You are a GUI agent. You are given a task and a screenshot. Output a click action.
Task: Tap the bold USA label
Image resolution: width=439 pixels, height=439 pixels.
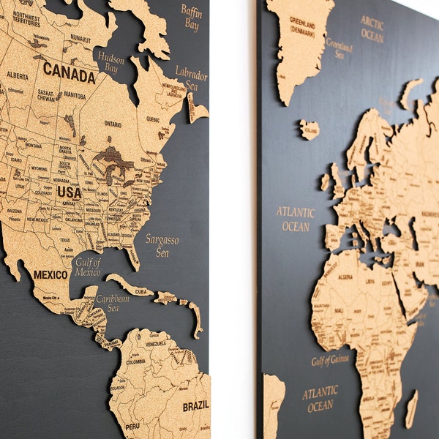tap(69, 192)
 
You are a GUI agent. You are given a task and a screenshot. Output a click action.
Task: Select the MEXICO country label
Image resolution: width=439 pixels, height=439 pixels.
tap(50, 275)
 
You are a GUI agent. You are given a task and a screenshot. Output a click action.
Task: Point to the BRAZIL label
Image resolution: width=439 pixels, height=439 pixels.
tap(195, 405)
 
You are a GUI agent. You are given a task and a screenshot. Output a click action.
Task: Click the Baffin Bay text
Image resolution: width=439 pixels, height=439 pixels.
tap(191, 18)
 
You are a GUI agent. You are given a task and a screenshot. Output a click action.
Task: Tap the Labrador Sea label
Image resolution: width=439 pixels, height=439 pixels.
tap(191, 78)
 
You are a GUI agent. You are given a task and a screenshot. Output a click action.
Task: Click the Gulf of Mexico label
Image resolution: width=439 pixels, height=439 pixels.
tap(88, 267)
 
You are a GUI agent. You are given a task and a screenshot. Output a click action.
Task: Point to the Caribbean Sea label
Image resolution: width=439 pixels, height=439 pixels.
tap(113, 304)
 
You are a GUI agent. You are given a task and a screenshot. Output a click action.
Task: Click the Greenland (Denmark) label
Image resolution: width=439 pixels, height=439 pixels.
tap(301, 25)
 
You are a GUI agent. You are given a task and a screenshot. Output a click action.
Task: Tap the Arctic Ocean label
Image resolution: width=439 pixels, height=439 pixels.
tap(372, 29)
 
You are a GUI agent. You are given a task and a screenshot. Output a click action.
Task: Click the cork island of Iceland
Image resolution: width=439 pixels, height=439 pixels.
tap(309, 130)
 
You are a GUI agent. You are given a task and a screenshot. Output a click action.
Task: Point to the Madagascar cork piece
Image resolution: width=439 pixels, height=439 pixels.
tap(412, 409)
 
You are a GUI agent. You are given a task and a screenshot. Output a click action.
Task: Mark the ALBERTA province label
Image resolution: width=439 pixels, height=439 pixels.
tap(18, 75)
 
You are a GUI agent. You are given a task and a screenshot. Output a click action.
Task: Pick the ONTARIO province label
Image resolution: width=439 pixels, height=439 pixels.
tap(113, 124)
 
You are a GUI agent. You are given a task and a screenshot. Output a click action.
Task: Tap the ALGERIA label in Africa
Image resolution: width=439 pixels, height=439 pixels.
tap(346, 277)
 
